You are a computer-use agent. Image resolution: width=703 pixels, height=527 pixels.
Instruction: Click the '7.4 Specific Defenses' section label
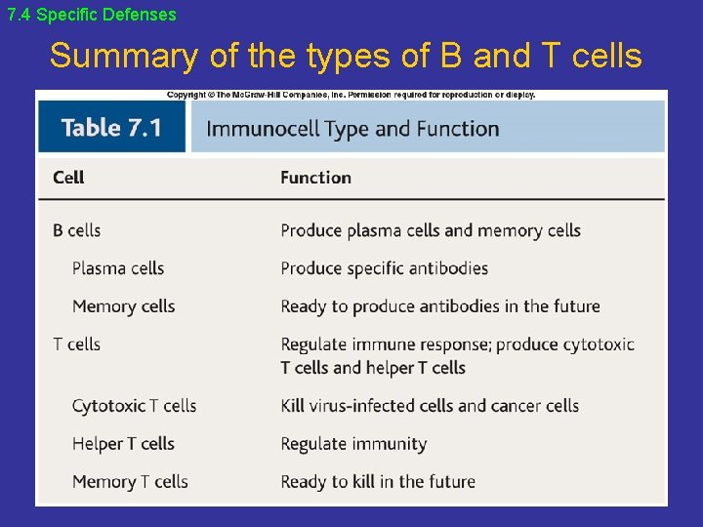click(x=92, y=15)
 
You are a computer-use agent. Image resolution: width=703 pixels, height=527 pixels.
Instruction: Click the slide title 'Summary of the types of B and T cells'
click(x=346, y=57)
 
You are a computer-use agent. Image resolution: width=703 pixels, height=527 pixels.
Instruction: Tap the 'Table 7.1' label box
click(x=111, y=128)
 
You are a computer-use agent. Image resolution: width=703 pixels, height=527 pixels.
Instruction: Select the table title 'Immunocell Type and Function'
click(x=352, y=129)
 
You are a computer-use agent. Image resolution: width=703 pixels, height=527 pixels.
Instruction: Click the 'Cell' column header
click(x=68, y=178)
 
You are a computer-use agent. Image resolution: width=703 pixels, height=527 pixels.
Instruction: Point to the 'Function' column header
click(x=315, y=178)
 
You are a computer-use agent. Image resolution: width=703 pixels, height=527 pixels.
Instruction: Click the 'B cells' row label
click(x=77, y=230)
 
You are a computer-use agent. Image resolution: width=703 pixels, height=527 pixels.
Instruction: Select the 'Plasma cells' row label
click(x=118, y=268)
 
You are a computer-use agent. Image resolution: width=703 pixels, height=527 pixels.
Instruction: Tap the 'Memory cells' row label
click(x=123, y=306)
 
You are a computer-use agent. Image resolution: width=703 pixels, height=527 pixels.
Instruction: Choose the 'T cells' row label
click(x=77, y=345)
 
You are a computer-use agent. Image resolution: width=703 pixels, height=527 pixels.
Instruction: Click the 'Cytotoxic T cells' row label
click(x=134, y=406)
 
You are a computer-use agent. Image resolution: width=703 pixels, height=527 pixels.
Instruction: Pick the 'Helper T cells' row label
click(x=123, y=444)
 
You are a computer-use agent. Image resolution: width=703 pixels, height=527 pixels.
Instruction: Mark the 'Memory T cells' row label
click(x=130, y=482)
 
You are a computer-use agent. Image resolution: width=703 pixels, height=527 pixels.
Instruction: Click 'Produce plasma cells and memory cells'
click(x=431, y=230)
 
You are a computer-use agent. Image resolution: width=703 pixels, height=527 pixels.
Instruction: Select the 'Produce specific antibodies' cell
click(x=384, y=268)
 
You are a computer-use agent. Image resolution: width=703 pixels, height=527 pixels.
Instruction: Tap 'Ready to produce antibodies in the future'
click(x=439, y=306)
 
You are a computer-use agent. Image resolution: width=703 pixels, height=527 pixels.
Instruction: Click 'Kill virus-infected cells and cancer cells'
click(x=430, y=406)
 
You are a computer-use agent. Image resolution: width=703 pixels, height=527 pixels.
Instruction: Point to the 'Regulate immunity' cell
click(x=353, y=444)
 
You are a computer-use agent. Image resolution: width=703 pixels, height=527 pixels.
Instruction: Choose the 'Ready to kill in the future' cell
click(x=378, y=482)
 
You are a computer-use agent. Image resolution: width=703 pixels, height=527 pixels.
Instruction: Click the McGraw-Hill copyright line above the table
click(x=351, y=95)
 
